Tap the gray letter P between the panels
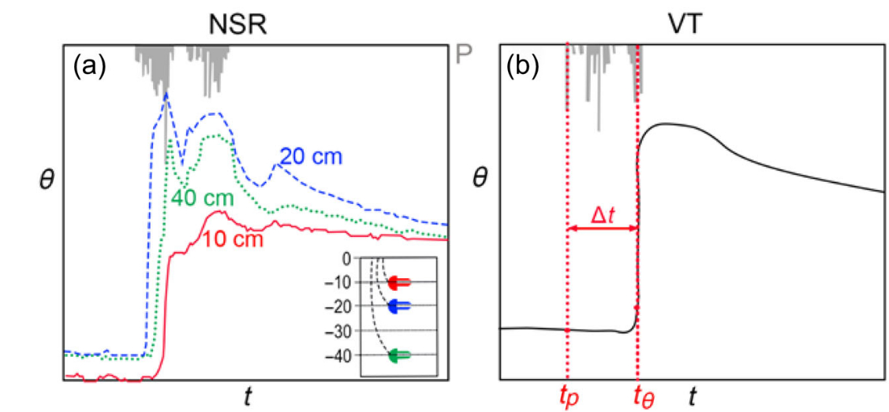coord(465,54)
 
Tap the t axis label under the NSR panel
coord(248,397)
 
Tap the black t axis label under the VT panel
coord(692,397)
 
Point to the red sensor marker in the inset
coord(398,282)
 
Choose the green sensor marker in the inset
coord(398,356)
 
